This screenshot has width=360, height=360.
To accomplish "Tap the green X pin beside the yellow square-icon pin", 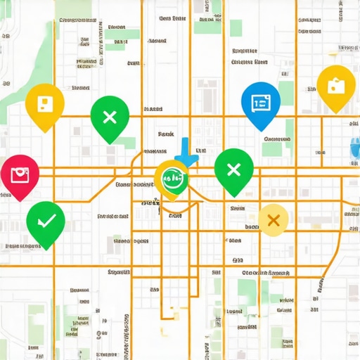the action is pos(110,117).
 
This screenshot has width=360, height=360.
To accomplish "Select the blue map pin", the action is pos(260,103).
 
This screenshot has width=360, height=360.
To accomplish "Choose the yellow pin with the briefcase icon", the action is pos(336,86).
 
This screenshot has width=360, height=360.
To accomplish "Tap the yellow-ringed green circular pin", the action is pos(172,179).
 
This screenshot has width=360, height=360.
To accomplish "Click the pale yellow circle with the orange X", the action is pos(274,220).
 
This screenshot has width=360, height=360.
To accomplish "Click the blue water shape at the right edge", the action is pos(354,148).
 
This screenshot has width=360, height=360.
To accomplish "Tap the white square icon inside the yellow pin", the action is pos(44,103).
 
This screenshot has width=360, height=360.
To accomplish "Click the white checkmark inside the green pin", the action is pos(46,221).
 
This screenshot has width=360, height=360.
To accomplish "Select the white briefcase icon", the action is pos(336,86).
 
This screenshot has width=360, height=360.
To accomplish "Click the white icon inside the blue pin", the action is pos(260,103).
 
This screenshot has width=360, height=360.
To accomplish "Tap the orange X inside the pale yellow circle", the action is pos(274,220).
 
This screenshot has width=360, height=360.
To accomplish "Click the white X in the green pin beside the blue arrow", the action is pos(233,169).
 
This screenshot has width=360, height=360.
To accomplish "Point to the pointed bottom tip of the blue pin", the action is pos(262,131).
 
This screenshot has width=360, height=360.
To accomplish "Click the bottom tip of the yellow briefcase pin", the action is pos(336,113).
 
